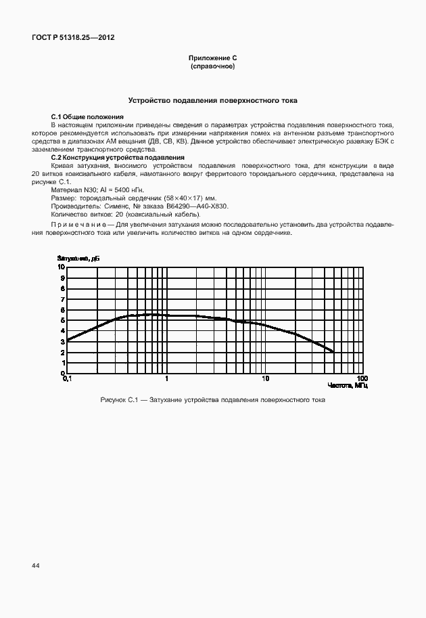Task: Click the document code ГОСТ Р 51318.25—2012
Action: click(x=73, y=38)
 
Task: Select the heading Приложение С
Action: click(x=212, y=60)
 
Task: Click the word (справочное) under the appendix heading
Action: click(x=212, y=68)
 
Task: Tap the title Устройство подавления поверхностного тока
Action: click(x=213, y=101)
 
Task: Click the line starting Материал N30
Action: click(x=97, y=190)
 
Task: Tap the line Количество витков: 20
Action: click(x=125, y=214)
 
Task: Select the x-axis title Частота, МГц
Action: click(x=348, y=385)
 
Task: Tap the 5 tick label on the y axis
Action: click(x=62, y=320)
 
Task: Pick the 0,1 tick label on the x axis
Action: click(x=66, y=378)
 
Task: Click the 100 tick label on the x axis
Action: click(x=362, y=378)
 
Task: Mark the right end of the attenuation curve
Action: click(x=333, y=351)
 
